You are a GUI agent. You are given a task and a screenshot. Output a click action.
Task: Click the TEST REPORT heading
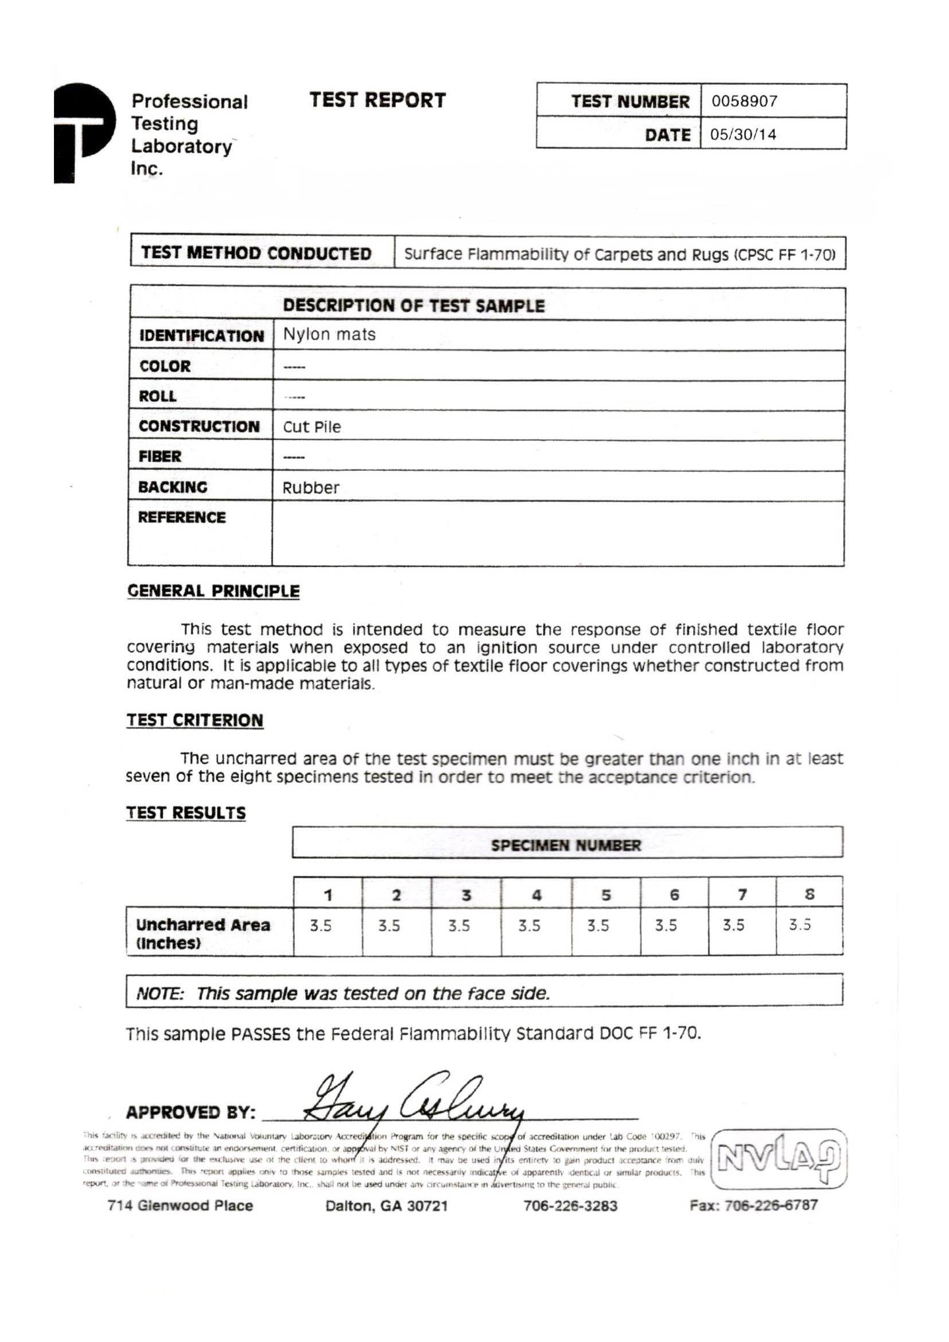(x=378, y=100)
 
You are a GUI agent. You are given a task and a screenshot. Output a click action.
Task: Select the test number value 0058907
(x=744, y=102)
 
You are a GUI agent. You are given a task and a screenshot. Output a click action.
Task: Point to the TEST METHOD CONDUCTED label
(x=256, y=254)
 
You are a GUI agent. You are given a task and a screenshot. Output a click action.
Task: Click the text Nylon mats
(x=329, y=335)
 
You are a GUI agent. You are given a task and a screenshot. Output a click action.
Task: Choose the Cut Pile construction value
(x=312, y=426)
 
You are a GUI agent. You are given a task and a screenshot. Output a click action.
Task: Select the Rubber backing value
(x=310, y=487)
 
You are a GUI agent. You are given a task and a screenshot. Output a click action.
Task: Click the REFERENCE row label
(x=181, y=517)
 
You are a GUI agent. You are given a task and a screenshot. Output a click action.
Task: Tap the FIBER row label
(x=160, y=456)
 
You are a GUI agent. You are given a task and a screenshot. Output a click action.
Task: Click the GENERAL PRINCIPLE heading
(x=213, y=591)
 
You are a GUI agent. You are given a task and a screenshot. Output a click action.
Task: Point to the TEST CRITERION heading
(x=195, y=720)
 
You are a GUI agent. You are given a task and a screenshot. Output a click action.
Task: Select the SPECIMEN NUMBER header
(x=566, y=845)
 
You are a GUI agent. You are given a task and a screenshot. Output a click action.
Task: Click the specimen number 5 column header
(x=606, y=895)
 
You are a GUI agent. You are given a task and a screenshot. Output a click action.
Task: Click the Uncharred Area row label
(x=203, y=933)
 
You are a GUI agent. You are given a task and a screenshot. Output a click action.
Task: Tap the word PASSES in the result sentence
(x=260, y=1034)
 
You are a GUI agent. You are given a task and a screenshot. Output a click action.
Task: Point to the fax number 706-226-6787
(x=753, y=1205)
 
